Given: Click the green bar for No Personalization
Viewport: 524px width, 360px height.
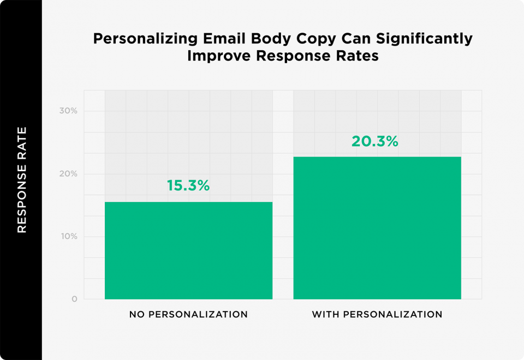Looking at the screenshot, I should click(x=188, y=251).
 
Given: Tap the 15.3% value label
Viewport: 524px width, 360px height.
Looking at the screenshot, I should click(x=188, y=185).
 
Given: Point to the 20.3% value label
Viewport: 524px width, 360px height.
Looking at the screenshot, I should click(x=375, y=141).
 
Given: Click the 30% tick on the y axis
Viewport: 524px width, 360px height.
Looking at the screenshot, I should click(x=68, y=111).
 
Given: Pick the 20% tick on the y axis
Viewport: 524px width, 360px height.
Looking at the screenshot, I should click(x=68, y=174).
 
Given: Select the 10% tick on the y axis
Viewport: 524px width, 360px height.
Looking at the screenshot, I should click(x=69, y=237).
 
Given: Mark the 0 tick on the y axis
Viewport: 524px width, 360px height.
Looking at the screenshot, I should click(x=74, y=299).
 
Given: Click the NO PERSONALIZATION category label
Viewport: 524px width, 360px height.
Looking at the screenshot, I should click(x=188, y=315).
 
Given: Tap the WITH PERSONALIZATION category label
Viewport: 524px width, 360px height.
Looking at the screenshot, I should click(x=377, y=315).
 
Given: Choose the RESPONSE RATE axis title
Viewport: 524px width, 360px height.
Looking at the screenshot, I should click(x=22, y=180).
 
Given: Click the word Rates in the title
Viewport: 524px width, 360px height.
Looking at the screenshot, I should click(x=359, y=56).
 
